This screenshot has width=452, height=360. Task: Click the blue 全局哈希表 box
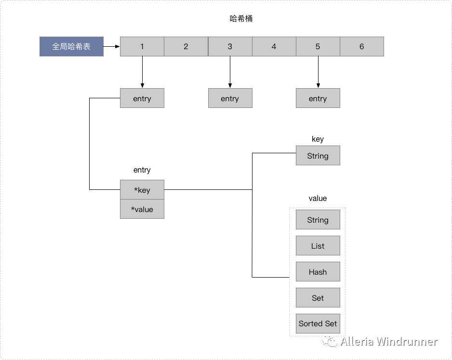point(71,47)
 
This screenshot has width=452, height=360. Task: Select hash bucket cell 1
point(142,47)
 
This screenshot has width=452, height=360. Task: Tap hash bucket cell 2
point(186,47)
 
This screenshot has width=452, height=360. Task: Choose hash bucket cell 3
point(230,47)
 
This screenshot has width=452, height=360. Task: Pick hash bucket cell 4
point(274,47)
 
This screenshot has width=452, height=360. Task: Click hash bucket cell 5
point(318,47)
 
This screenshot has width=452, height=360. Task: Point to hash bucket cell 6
point(361,47)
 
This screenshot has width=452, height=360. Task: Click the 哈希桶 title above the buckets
point(241,19)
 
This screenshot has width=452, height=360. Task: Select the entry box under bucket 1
point(142,98)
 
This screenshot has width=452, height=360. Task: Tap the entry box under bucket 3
point(230,98)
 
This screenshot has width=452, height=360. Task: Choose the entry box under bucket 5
point(318,98)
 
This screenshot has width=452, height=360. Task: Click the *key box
point(142,190)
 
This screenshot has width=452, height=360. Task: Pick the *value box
point(142,209)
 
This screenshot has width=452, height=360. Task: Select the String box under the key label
point(318,156)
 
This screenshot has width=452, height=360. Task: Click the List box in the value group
point(318,246)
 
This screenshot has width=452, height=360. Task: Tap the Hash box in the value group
point(318,272)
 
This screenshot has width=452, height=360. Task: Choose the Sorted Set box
point(318,324)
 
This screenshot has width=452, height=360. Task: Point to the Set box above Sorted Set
point(318,298)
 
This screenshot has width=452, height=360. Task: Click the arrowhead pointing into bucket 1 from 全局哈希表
point(117,47)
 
